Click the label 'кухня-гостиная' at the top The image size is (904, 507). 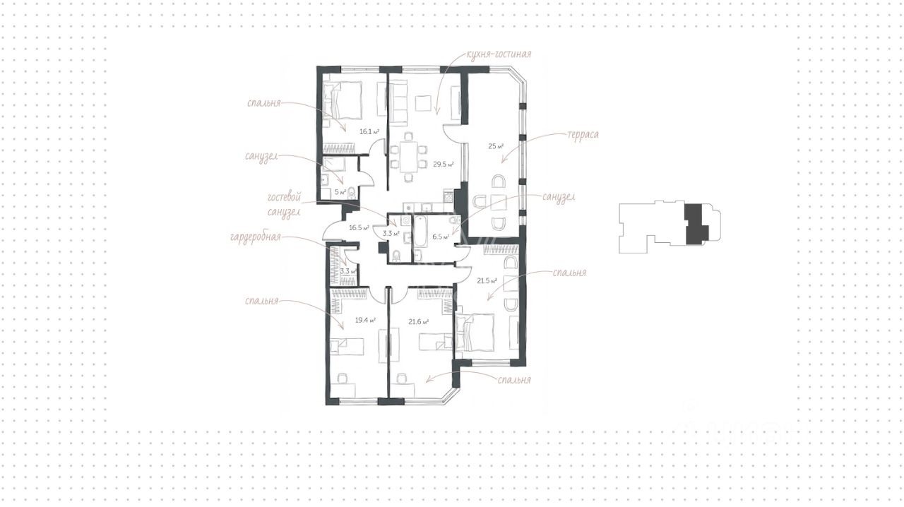[499, 54]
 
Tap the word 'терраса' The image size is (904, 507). [583, 135]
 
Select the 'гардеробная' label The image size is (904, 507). [255, 237]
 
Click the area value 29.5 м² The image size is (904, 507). [444, 165]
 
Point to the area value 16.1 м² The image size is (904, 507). [369, 131]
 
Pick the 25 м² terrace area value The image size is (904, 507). [496, 146]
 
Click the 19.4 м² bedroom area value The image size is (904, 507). [365, 320]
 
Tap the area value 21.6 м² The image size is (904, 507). [419, 322]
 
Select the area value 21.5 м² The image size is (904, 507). [487, 280]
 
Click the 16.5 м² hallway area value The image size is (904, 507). [359, 227]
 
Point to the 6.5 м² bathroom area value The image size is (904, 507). [441, 237]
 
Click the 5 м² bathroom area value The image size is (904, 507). [340, 192]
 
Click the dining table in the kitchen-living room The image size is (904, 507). [408, 157]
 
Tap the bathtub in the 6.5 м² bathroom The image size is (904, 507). [420, 231]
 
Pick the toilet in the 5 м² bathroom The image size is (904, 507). [352, 193]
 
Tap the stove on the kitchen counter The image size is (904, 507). [448, 196]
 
